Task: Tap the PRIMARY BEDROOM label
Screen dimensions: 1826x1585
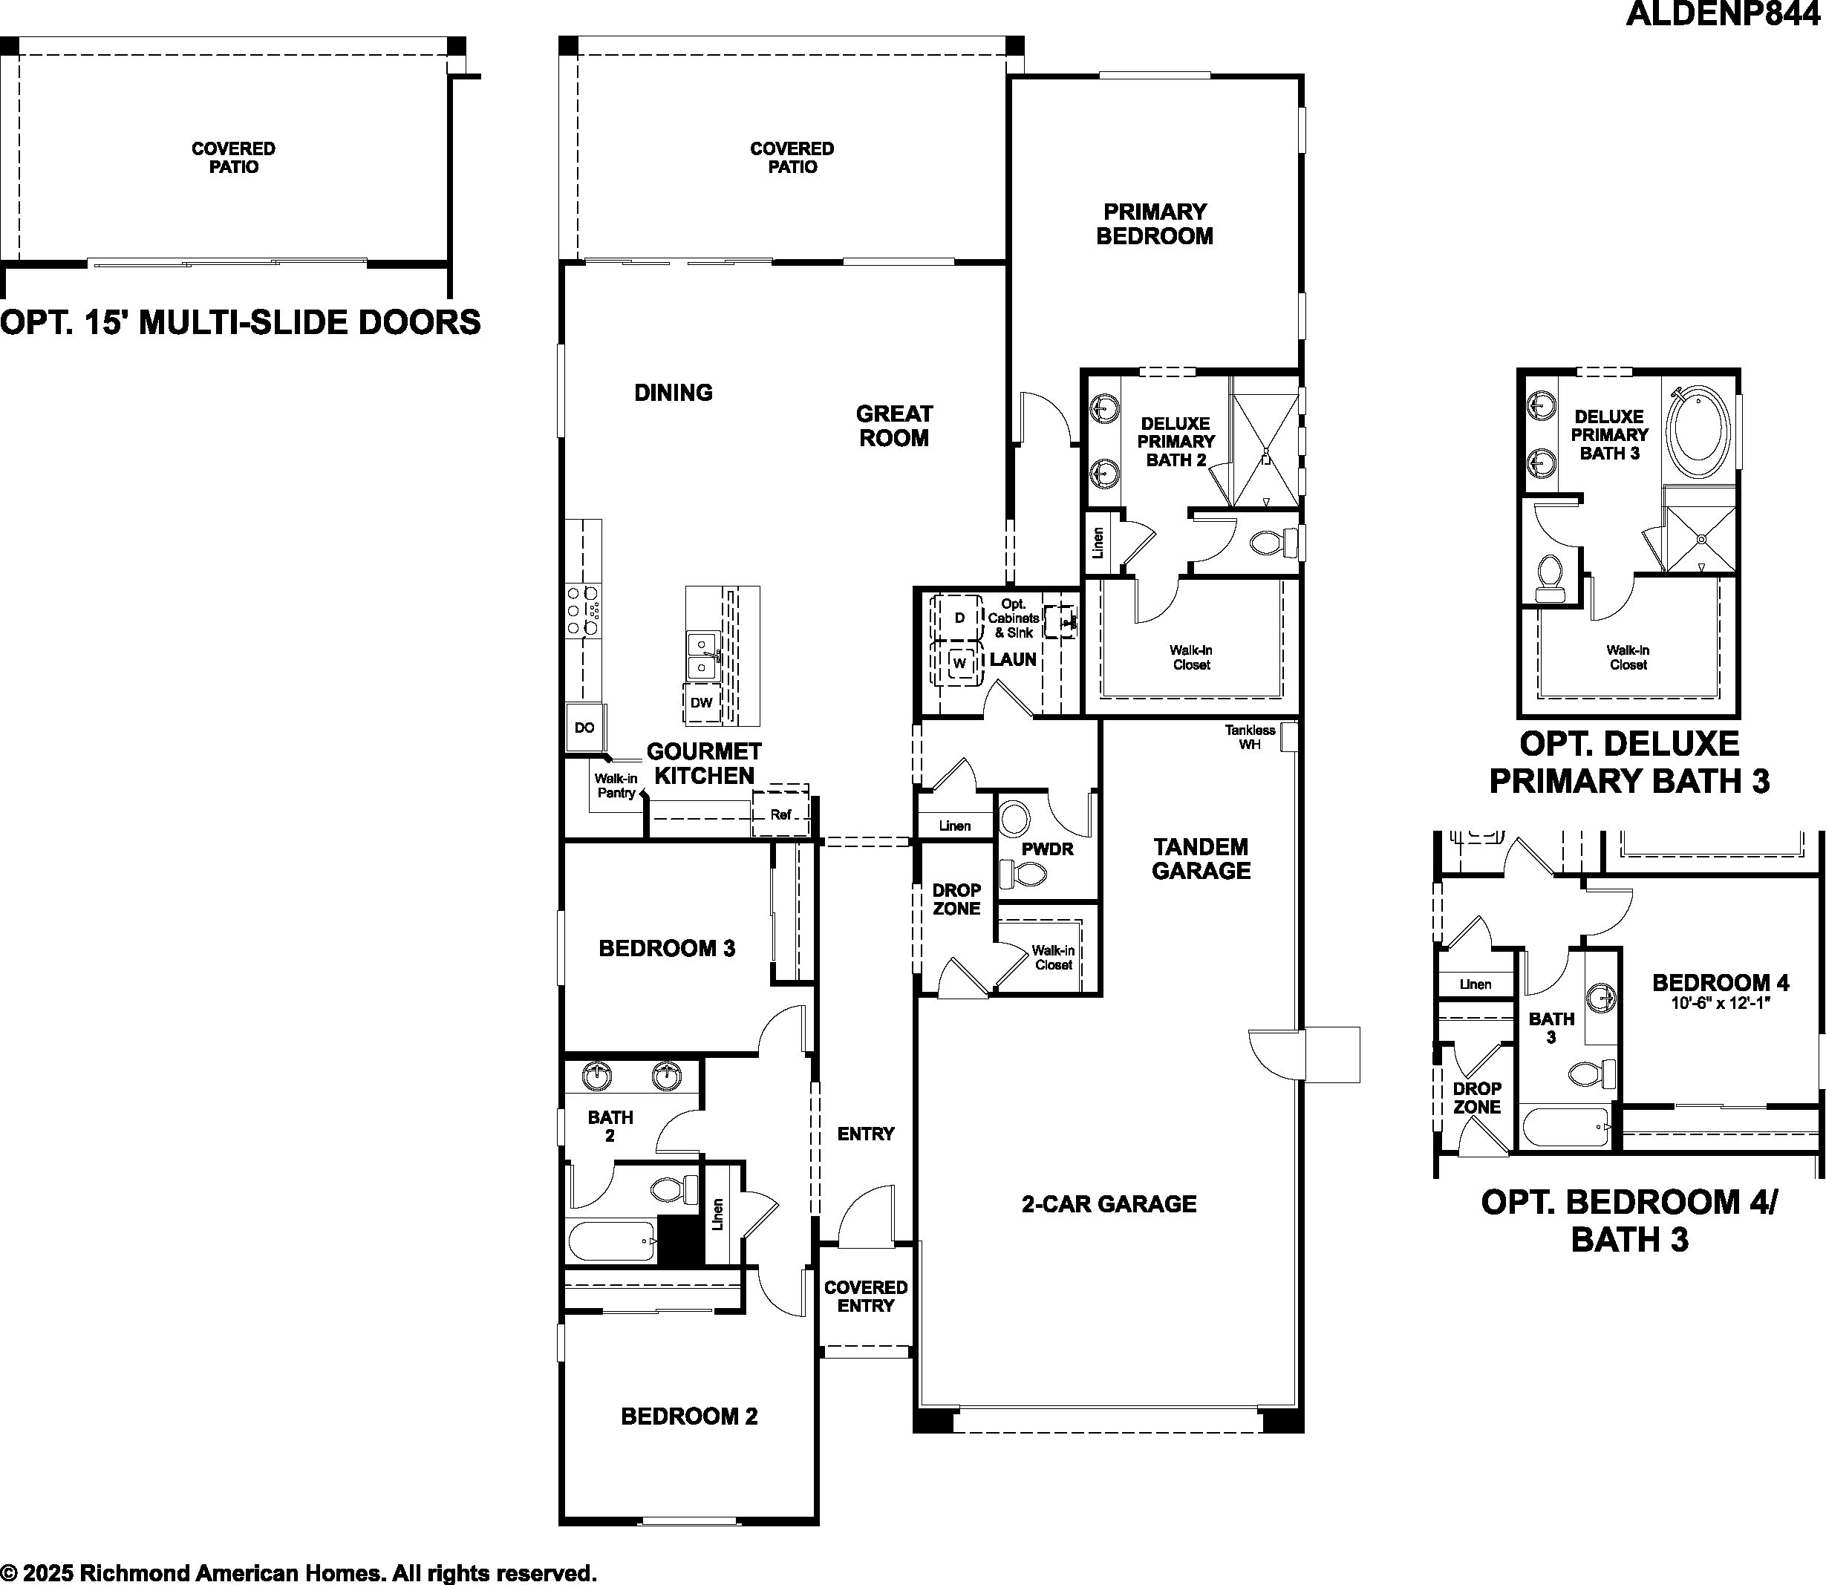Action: [x=1155, y=223]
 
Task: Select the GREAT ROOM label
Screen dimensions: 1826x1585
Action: [x=893, y=425]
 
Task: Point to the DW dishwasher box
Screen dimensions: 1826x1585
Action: [x=701, y=703]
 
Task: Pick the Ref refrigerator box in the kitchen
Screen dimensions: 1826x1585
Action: [x=780, y=810]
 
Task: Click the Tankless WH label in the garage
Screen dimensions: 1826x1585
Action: [x=1249, y=736]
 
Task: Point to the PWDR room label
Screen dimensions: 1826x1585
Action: [x=1048, y=849]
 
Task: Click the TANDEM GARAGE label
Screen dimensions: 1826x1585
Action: [x=1201, y=859]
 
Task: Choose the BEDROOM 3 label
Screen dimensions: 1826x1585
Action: [x=667, y=948]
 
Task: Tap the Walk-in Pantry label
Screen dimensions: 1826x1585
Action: [x=616, y=785]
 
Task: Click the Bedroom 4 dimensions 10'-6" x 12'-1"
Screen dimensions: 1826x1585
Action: [x=1720, y=1004]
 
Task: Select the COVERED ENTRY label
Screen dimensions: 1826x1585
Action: [x=866, y=1295]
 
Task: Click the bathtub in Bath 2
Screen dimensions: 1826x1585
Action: [x=612, y=1241]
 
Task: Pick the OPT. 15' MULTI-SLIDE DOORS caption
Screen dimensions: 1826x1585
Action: [x=241, y=322]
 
